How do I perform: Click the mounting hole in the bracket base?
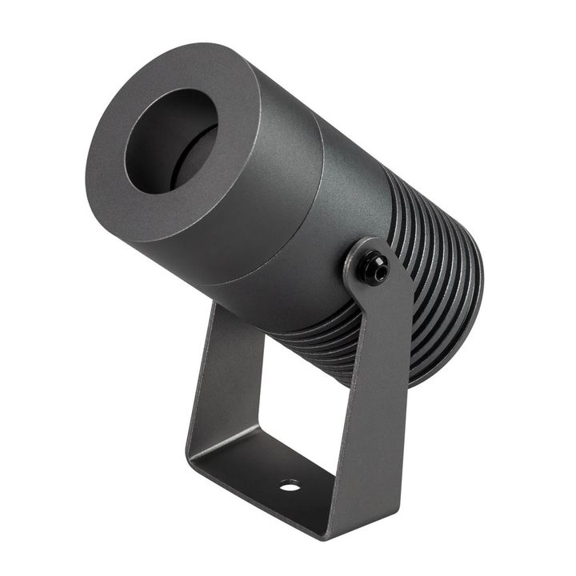tap(290, 485)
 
